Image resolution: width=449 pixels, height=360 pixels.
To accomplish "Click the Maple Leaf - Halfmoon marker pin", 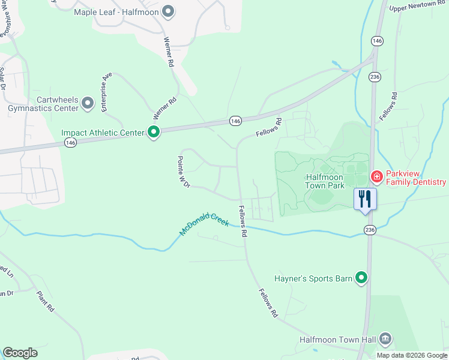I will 169,11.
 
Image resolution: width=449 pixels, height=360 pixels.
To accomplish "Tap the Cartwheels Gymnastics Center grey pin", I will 88,104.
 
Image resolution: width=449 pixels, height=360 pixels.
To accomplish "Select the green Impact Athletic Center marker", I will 154,133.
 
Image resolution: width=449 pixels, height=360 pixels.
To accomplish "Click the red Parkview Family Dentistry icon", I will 376,176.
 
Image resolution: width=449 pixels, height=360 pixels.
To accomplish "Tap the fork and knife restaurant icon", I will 365,198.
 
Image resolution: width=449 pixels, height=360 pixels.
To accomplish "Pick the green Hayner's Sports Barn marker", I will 361,278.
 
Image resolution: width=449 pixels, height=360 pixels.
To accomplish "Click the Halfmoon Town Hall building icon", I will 385,340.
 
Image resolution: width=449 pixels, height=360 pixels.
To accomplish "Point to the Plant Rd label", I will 46,301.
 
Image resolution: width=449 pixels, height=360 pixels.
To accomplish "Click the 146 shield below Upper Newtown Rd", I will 377,41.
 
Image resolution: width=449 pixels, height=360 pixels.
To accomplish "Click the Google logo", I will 20,353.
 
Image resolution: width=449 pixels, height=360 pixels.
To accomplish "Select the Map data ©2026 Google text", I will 412,355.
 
